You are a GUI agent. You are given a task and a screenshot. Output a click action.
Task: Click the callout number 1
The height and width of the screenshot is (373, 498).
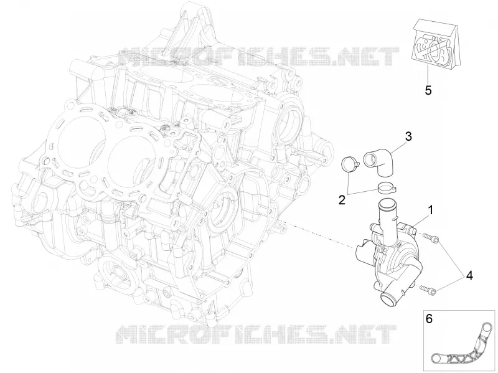tap(430, 210)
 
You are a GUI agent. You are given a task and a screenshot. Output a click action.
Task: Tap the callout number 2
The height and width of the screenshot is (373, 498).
tap(342, 200)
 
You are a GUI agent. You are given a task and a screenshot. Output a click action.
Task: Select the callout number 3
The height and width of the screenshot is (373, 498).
tap(408, 136)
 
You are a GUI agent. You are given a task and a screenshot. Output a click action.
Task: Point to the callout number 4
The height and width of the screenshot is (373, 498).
tap(469, 276)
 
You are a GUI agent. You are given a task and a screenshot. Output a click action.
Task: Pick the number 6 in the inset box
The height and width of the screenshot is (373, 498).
tap(429, 319)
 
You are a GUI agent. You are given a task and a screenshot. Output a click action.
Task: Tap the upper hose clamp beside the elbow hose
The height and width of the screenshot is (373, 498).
tap(350, 164)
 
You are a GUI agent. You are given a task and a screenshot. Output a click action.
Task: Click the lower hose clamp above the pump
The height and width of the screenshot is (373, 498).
tap(387, 187)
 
